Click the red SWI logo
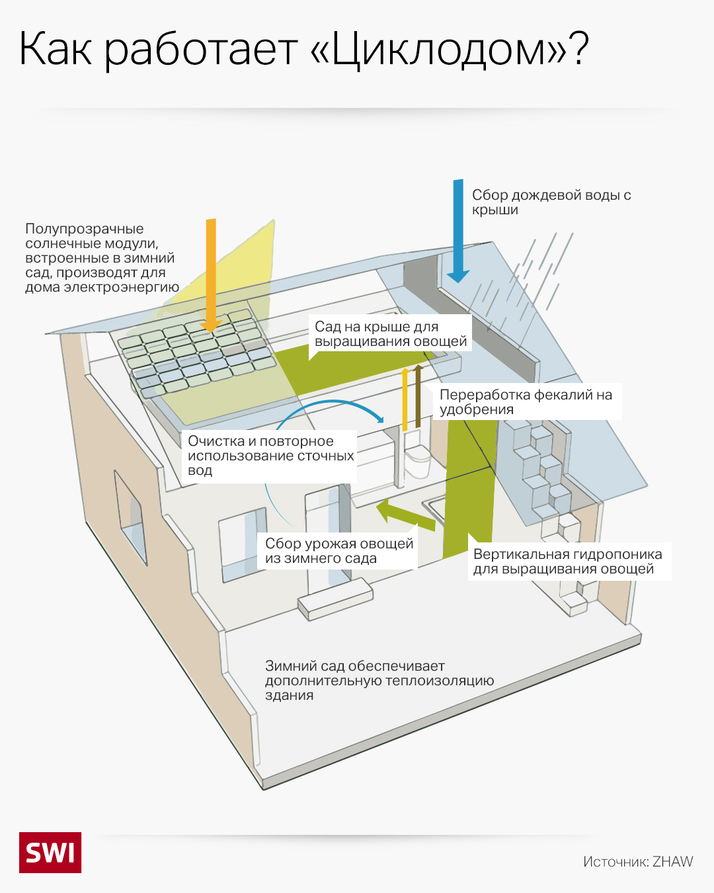click(50, 852)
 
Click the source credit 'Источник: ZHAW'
click(637, 861)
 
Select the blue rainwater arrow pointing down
click(458, 228)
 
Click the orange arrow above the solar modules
click(211, 271)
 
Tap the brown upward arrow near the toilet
click(418, 395)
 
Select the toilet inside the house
click(417, 460)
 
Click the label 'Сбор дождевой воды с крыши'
click(551, 202)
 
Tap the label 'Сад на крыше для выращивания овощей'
click(390, 334)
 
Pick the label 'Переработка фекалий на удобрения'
click(526, 402)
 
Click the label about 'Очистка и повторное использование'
click(270, 455)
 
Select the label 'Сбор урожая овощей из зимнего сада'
click(338, 551)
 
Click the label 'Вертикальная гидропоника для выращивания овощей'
click(567, 562)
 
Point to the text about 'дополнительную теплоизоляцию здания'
click(379, 680)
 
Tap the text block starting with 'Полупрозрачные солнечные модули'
click(102, 258)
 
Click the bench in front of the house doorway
click(335, 599)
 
